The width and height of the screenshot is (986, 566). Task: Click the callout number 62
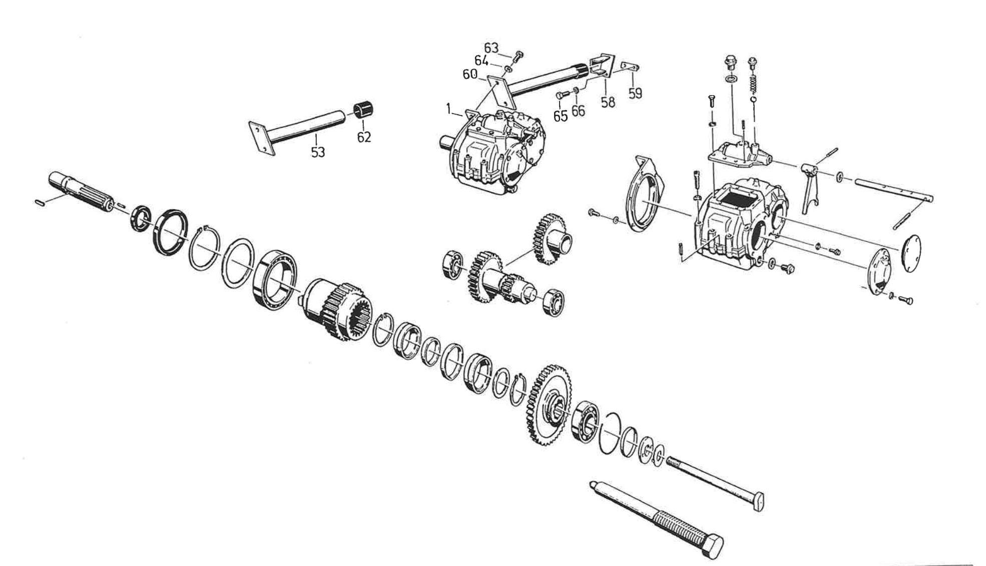[x=364, y=137]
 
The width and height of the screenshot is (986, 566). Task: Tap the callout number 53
[x=318, y=151]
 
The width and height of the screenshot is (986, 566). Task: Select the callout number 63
[x=491, y=48]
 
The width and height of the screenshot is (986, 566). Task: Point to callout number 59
[x=635, y=93]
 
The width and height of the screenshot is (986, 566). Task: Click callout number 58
[x=608, y=102]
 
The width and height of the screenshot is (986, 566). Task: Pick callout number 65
[x=560, y=115]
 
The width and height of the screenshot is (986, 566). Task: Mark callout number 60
[x=469, y=74]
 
